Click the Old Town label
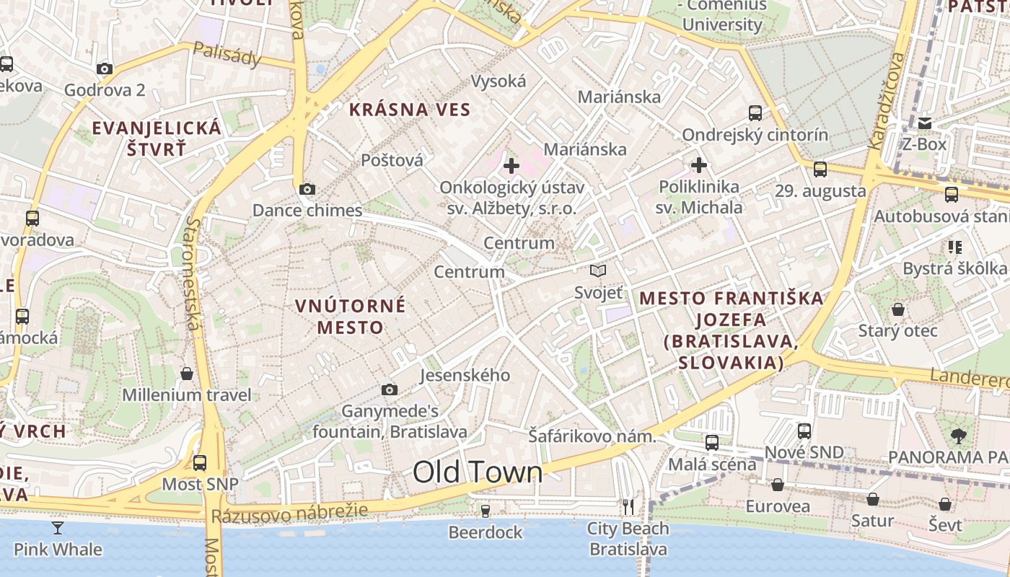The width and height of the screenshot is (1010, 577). coord(478,472)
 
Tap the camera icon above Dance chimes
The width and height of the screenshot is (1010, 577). coord(307,190)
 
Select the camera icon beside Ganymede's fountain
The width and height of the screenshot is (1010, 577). coord(390,390)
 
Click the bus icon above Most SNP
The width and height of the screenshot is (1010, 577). coord(200,462)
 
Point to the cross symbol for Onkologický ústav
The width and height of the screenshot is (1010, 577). coord(511,167)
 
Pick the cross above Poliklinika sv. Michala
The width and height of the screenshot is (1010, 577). coord(698,165)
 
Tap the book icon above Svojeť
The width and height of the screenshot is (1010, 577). coord(598,271)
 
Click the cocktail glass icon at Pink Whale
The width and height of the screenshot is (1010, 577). coord(58,528)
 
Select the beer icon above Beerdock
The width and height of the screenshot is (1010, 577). coord(486,511)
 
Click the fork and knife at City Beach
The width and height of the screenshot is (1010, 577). coord(628,507)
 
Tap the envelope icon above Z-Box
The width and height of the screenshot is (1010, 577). coord(925,123)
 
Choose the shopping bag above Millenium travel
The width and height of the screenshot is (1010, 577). coord(187,374)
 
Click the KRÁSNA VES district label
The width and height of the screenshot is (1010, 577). coord(410,110)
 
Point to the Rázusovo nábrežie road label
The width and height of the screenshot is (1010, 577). coord(289,513)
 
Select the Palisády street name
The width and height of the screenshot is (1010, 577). coord(227,54)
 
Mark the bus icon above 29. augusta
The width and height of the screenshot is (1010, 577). coord(820,169)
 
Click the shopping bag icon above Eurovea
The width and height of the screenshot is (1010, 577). coord(778,485)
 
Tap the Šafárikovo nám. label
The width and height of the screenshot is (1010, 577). coord(592,436)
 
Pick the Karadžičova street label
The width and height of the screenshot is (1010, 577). coord(886,101)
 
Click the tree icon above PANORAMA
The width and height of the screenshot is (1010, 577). coord(958,436)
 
